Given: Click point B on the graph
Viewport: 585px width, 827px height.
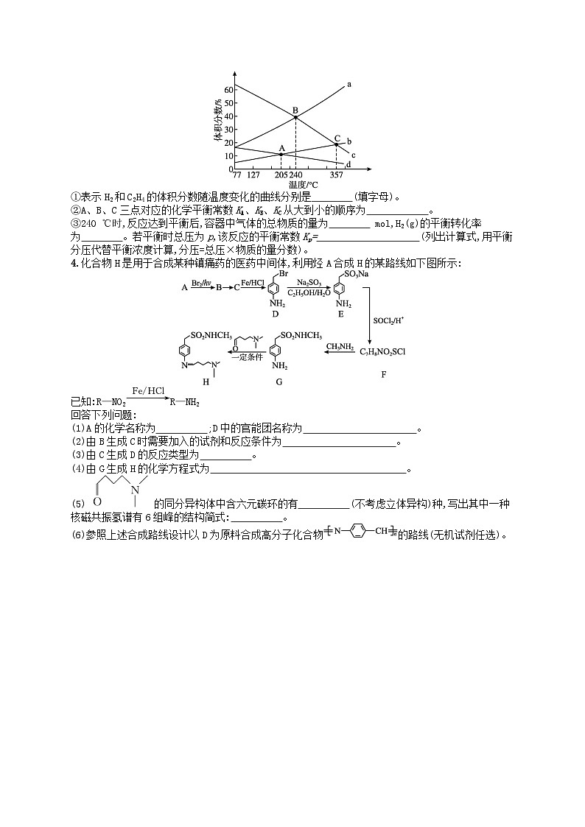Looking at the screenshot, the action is coord(295,117).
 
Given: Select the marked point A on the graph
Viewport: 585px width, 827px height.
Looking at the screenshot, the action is coord(281,154).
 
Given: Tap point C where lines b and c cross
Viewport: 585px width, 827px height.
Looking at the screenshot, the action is coord(337,144).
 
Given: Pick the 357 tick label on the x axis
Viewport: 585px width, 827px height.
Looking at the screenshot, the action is coord(336,175).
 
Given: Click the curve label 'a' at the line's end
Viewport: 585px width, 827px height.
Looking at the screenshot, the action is coord(348,84).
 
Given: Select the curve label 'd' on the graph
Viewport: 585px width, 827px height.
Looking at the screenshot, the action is coord(348,164).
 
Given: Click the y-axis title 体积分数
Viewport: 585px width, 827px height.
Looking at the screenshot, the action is coord(218,121).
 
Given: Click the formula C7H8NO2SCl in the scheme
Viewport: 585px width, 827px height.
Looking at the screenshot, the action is coord(382,351).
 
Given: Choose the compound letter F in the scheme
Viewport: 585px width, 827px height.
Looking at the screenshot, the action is coord(383,375).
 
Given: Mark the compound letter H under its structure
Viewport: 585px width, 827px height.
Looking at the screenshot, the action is coord(206,382).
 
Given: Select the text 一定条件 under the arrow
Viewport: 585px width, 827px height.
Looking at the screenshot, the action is coord(246,357).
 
